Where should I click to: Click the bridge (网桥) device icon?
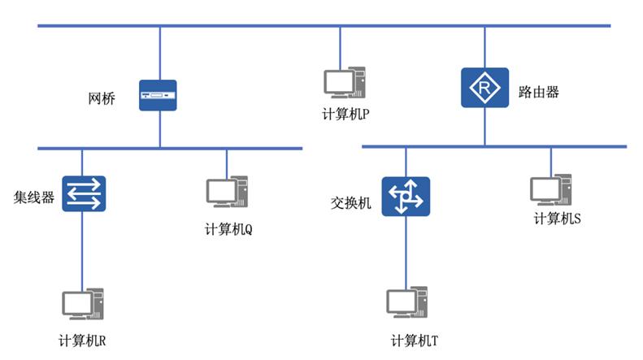[x=158, y=95]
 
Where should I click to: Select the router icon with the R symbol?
[x=484, y=87]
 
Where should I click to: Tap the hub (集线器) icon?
[x=84, y=193]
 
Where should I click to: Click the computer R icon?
[x=83, y=306]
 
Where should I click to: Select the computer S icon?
[x=550, y=189]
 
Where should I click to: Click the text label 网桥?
[x=102, y=99]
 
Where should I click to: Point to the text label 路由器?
[x=538, y=92]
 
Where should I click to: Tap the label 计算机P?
[x=345, y=115]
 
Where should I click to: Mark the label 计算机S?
[x=557, y=218]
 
